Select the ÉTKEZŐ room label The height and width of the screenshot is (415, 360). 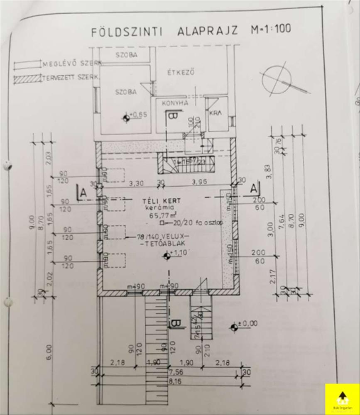pyautogui.click(x=181, y=71)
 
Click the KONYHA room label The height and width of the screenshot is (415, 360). pyautogui.click(x=175, y=103)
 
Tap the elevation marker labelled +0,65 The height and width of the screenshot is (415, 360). pyautogui.click(x=127, y=117)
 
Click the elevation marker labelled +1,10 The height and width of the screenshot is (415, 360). pyautogui.click(x=167, y=256)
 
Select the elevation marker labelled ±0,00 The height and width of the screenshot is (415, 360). pyautogui.click(x=235, y=327)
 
